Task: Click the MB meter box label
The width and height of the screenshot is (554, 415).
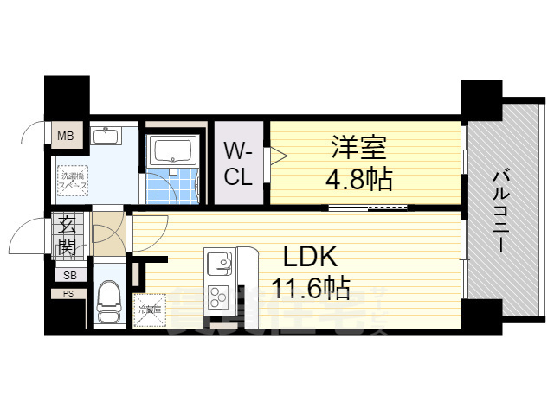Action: (x=65, y=136)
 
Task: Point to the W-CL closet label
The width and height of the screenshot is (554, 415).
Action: (x=239, y=164)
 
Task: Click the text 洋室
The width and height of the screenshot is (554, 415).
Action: (x=356, y=147)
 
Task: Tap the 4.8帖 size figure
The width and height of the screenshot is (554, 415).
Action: (x=359, y=179)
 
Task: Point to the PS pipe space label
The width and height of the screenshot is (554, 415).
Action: (x=67, y=294)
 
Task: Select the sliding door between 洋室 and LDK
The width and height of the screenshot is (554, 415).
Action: (x=368, y=207)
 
